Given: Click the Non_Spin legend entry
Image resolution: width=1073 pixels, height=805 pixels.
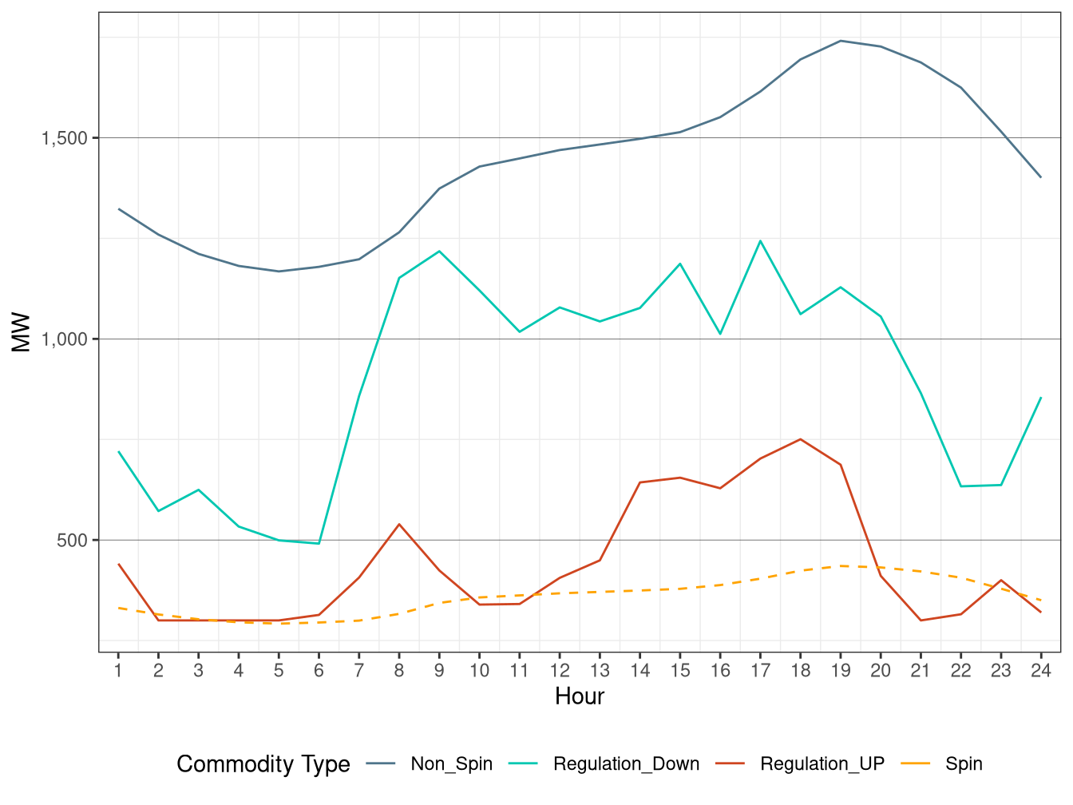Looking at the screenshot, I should tap(451, 764).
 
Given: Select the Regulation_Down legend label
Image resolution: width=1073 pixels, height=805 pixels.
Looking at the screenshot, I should tap(626, 764).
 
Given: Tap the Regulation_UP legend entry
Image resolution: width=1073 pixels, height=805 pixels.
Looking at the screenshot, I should tap(822, 764).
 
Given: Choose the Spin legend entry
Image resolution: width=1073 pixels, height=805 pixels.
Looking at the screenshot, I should tap(963, 764).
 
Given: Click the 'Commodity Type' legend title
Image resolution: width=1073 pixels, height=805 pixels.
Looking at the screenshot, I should tap(263, 764).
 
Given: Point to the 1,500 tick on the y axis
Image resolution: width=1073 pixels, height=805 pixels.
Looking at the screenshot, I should tap(65, 138).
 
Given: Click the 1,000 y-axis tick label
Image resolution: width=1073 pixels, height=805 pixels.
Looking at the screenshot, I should tap(65, 339).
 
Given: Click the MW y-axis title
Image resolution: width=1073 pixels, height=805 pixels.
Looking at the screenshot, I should tap(22, 332).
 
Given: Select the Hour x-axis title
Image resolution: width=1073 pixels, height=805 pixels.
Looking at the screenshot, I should tap(580, 696).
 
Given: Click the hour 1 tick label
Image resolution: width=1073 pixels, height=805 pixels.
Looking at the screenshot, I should tap(118, 671).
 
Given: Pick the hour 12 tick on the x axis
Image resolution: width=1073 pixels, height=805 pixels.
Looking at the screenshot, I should tap(560, 671).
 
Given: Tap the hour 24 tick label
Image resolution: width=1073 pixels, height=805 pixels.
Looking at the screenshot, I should tap(1041, 671).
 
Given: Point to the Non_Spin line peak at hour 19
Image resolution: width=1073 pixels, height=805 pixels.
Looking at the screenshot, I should tap(841, 41).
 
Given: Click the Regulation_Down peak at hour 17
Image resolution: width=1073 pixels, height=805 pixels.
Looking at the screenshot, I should tap(760, 240).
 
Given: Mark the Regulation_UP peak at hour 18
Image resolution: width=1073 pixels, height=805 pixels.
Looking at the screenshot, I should tap(800, 439).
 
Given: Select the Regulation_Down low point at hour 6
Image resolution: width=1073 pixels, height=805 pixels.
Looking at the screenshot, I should tap(319, 544).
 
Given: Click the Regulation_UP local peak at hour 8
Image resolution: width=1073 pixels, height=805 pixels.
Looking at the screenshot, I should tap(399, 525).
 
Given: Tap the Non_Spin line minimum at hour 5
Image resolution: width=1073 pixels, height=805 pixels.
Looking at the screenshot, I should tap(279, 272).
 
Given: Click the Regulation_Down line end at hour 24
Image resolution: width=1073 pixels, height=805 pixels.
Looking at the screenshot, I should tap(1041, 397).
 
